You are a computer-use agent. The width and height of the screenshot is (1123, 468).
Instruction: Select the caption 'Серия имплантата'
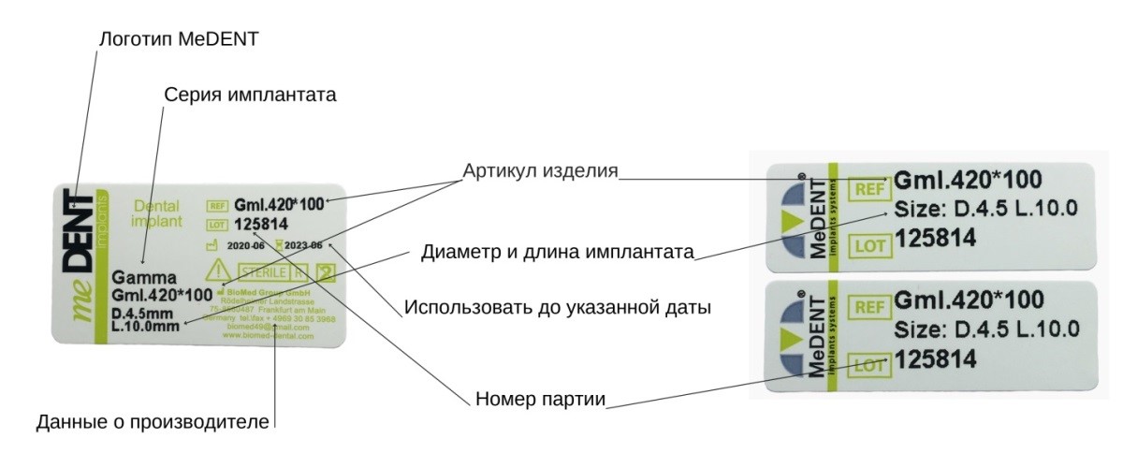pyautogui.click(x=249, y=95)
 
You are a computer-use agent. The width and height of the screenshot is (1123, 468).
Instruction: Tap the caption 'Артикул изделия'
pyautogui.click(x=540, y=172)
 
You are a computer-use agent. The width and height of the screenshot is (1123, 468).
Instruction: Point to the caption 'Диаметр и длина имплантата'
pyautogui.click(x=557, y=252)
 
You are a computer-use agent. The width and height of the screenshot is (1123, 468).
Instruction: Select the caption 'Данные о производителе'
pyautogui.click(x=153, y=422)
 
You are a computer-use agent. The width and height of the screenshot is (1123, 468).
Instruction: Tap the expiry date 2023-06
pyautogui.click(x=304, y=245)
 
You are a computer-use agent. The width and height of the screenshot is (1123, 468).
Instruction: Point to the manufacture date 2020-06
pyautogui.click(x=246, y=245)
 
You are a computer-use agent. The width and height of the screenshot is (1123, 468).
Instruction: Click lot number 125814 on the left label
pyautogui.click(x=261, y=225)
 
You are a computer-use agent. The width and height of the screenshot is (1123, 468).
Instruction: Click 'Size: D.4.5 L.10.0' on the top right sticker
pyautogui.click(x=987, y=208)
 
